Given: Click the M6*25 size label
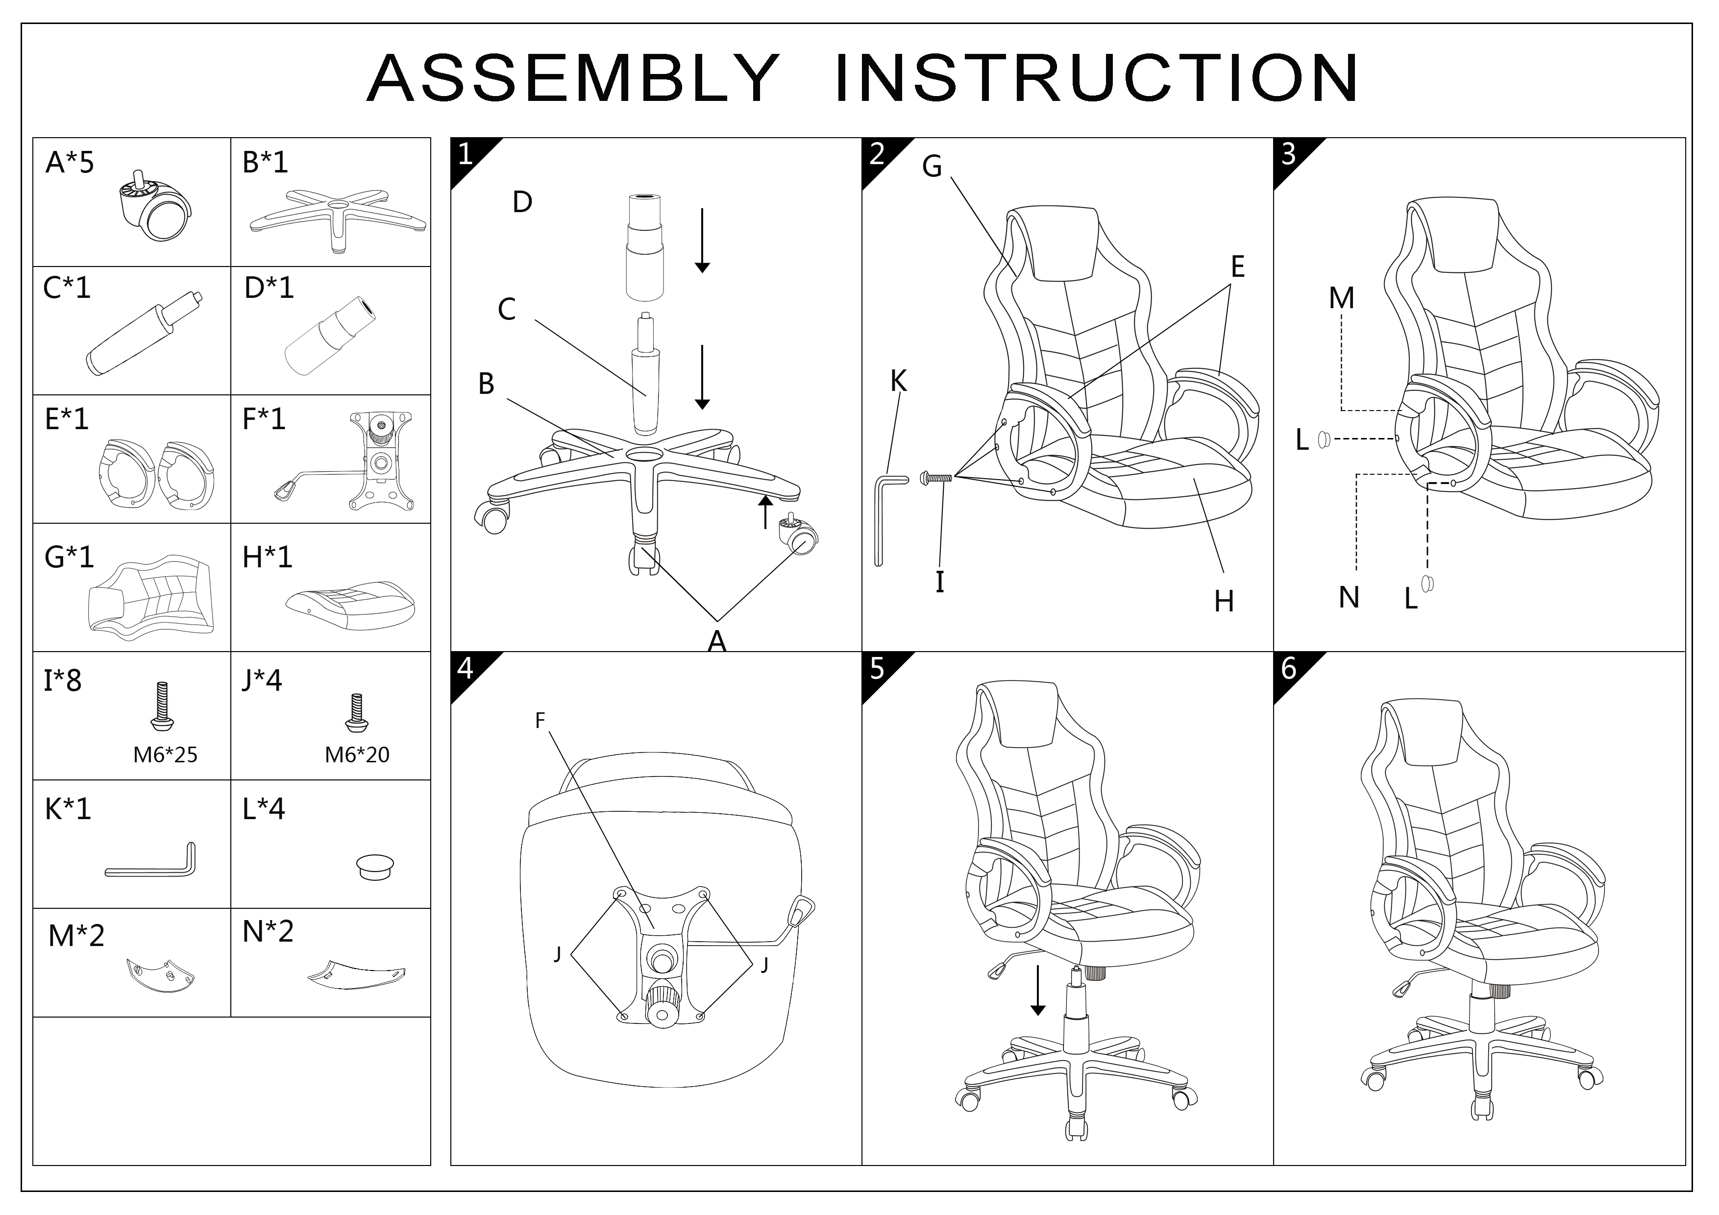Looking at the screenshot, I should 166,754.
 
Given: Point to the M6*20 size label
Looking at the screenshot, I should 357,754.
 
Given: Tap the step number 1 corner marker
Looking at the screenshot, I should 466,154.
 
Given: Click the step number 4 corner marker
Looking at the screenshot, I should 466,668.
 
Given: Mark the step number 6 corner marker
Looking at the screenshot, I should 1288,668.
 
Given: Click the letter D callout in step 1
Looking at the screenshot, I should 522,202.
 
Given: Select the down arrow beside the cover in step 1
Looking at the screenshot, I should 702,240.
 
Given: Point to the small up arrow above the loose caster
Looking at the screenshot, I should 765,511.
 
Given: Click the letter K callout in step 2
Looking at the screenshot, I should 898,382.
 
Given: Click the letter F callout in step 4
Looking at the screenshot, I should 540,721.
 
